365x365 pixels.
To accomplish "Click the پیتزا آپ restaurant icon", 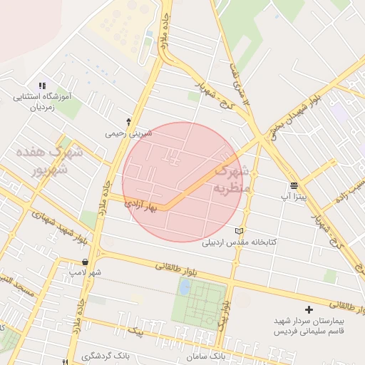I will [294, 185].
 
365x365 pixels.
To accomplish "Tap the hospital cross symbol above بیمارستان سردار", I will [309, 309].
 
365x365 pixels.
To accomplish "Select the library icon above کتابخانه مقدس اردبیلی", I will [239, 231].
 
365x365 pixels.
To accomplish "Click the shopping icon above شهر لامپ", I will [85, 262].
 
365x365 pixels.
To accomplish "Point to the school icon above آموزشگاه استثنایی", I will [42, 86].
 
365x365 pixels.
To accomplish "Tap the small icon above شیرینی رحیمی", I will [128, 121].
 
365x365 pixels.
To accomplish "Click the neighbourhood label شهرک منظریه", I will [232, 180].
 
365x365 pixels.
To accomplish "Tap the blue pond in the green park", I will [185, 287].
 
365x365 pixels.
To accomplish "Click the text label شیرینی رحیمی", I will [125, 133].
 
